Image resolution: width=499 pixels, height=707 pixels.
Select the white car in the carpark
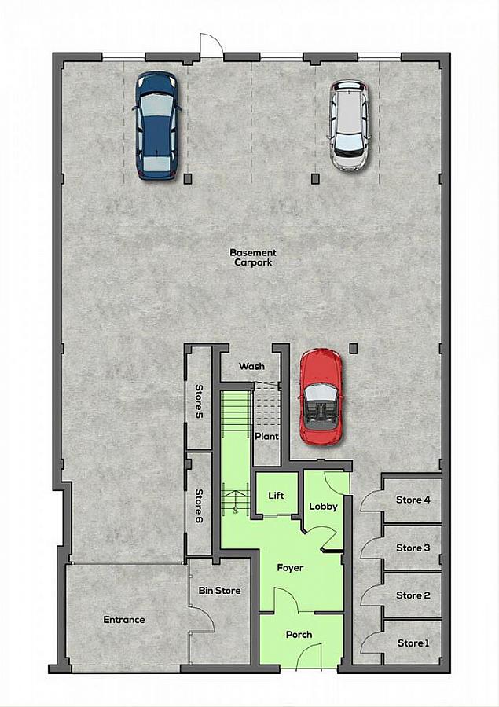pyautogui.click(x=349, y=125)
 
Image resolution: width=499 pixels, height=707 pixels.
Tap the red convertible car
pyautogui.click(x=321, y=397)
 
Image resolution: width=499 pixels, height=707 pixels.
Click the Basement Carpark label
pyautogui.click(x=253, y=257)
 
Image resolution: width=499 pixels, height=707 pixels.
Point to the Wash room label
pyautogui.click(x=251, y=366)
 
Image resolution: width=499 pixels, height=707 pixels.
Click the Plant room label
pyautogui.click(x=266, y=436)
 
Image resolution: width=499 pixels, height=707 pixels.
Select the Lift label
pyautogui.click(x=276, y=496)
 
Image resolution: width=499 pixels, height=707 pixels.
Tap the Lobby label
pyautogui.click(x=323, y=506)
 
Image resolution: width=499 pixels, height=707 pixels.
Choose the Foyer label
pyautogui.click(x=290, y=567)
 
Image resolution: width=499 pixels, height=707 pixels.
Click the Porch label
pyautogui.click(x=299, y=635)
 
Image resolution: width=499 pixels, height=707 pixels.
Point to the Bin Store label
pyautogui.click(x=219, y=590)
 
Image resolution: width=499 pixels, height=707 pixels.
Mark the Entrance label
pyautogui.click(x=124, y=620)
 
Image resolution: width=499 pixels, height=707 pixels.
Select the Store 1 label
pyautogui.click(x=413, y=643)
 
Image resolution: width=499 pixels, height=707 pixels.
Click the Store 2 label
pyautogui.click(x=413, y=595)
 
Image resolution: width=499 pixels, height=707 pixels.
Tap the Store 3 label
pyautogui.click(x=413, y=548)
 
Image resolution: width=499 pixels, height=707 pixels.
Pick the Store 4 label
pyautogui.click(x=413, y=500)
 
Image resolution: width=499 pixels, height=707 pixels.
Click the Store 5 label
pyautogui.click(x=199, y=401)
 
